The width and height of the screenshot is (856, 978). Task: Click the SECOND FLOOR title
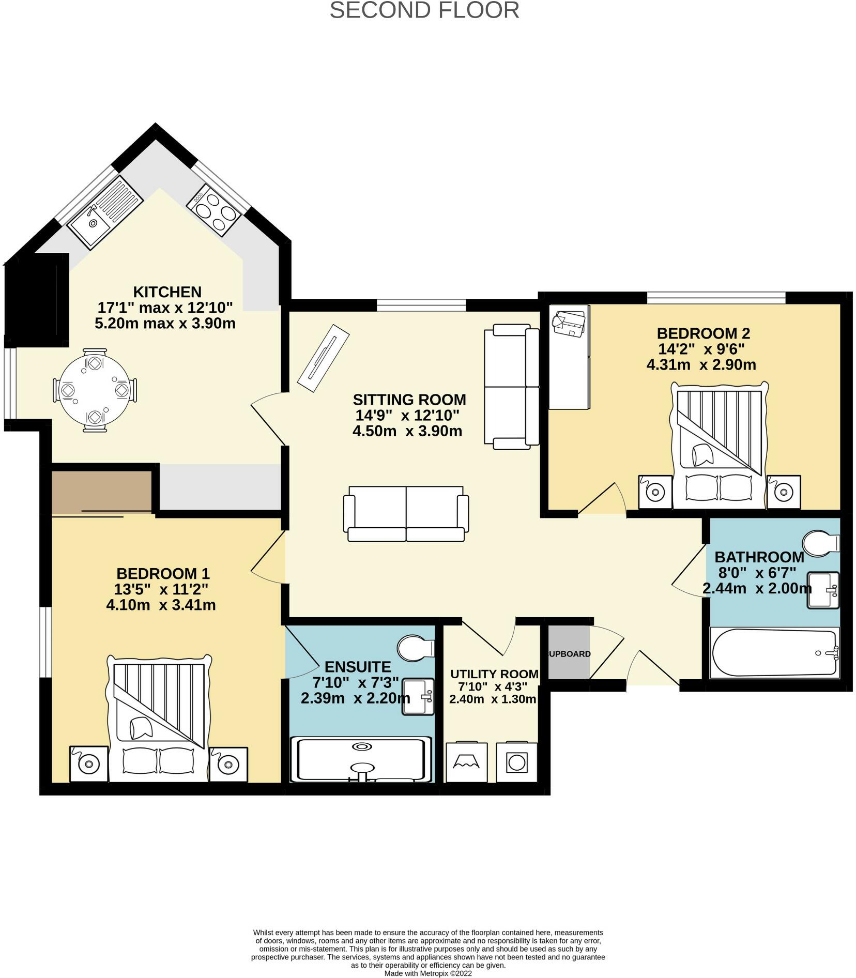(424, 10)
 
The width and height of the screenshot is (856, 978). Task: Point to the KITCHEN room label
(167, 292)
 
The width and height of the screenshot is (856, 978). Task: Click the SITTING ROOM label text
(409, 400)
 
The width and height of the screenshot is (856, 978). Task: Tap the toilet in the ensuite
(416, 648)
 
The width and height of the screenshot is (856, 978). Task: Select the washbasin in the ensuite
(418, 697)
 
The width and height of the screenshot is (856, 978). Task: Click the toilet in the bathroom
(821, 543)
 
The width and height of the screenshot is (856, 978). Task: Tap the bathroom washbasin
(823, 590)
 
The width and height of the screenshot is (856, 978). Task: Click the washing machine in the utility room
(516, 762)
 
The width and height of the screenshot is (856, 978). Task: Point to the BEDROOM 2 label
(703, 333)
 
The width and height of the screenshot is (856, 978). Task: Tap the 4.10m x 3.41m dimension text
(161, 604)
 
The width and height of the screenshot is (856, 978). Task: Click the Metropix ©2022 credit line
(428, 973)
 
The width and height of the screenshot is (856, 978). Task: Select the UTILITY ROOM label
(494, 674)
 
